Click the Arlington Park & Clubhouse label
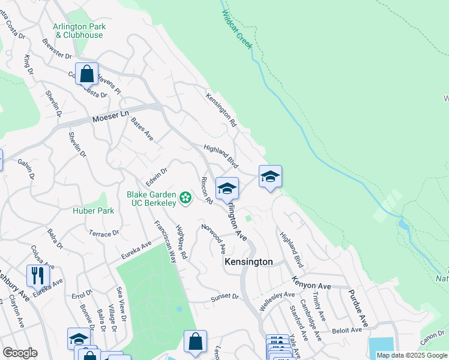(79, 31)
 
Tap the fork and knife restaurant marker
(38, 275)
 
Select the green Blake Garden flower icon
(185, 197)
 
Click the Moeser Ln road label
(110, 116)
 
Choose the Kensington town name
(249, 262)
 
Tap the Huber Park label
(89, 211)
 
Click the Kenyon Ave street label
(312, 280)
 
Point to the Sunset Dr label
(225, 298)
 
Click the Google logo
(20, 353)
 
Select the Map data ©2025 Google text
(411, 355)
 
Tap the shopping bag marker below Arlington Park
(86, 74)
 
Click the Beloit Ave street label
(348, 330)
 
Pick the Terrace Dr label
(104, 233)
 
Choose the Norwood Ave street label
(214, 238)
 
